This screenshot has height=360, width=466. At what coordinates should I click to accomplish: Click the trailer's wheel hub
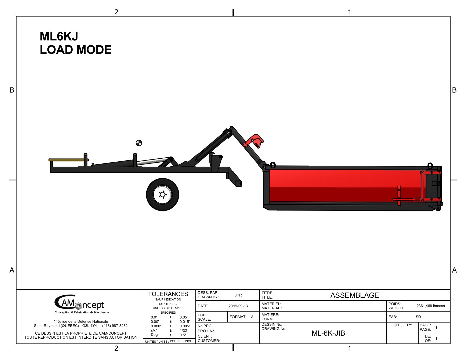click(162, 195)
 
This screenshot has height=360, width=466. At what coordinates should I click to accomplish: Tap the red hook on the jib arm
click(255, 141)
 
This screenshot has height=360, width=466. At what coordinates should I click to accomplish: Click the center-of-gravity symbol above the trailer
click(139, 143)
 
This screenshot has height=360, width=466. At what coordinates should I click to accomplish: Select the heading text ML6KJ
click(59, 36)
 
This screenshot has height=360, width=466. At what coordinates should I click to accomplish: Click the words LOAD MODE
click(76, 50)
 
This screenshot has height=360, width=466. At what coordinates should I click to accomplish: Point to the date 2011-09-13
click(238, 306)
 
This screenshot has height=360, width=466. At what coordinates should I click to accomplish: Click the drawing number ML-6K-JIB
click(328, 333)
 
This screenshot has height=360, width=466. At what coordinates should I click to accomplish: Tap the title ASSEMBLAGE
click(355, 295)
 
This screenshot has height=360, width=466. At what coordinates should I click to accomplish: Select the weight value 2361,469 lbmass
click(431, 306)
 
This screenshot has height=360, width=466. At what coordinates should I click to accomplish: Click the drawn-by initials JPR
click(238, 295)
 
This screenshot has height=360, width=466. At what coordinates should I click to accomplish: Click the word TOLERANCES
click(168, 294)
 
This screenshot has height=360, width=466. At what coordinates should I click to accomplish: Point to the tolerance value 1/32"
click(184, 331)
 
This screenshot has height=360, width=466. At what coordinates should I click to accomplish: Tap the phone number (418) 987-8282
click(115, 326)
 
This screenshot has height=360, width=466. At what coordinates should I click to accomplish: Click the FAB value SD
click(418, 317)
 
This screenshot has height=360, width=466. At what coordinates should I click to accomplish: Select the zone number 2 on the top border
click(116, 12)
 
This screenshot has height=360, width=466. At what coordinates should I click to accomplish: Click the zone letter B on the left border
click(12, 90)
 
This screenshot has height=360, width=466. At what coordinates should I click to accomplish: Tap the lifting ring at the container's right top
click(430, 165)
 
